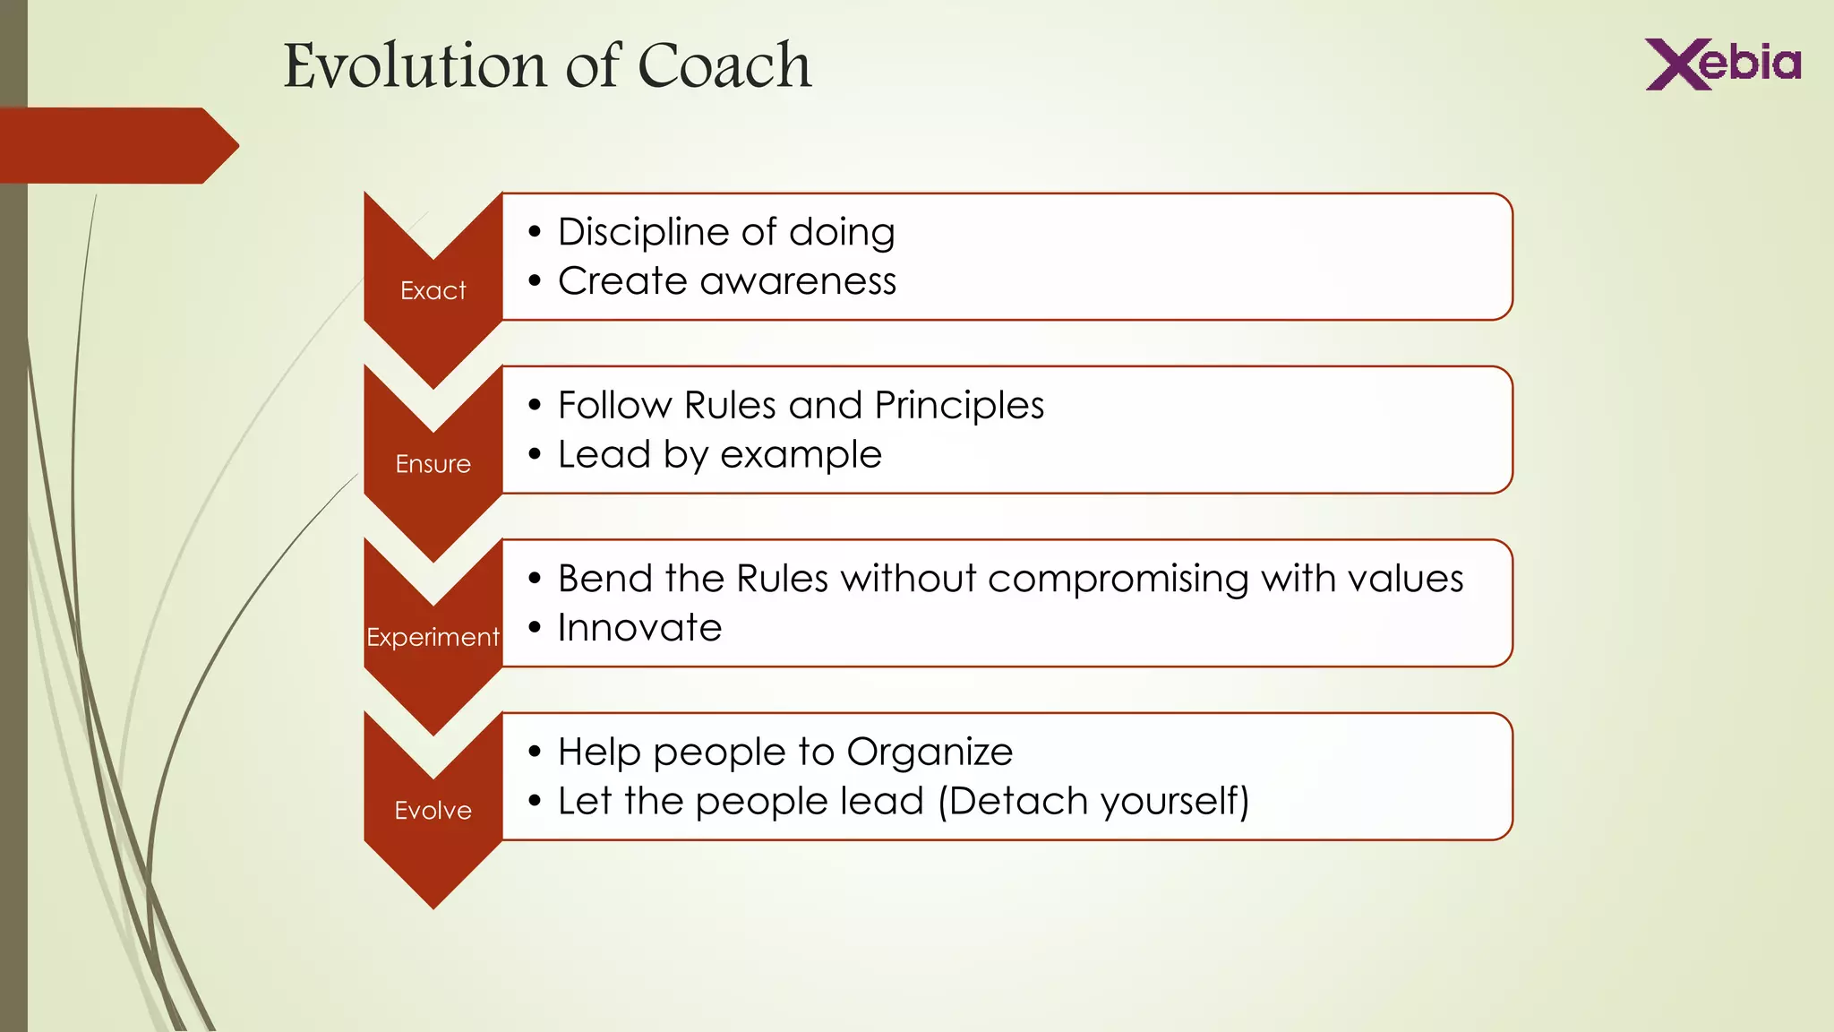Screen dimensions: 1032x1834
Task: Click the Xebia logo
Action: point(1722,64)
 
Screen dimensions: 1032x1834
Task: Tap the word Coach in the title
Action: point(724,66)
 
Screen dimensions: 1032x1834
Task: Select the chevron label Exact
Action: point(433,291)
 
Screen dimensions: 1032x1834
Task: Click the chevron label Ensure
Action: point(433,464)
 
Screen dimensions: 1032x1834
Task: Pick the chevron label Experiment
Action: point(433,637)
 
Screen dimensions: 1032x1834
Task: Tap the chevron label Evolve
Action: point(433,811)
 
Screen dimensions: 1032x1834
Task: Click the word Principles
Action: point(959,406)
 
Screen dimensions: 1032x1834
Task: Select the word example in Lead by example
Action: point(801,455)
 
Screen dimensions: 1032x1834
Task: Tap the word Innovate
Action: point(639,628)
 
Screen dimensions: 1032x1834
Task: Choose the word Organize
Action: point(930,752)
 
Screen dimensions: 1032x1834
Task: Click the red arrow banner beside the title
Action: point(116,145)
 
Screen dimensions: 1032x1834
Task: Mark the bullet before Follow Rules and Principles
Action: point(535,406)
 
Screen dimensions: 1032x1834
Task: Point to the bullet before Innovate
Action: point(535,628)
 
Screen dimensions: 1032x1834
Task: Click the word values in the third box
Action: point(1405,579)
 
